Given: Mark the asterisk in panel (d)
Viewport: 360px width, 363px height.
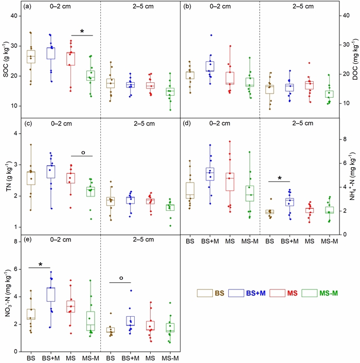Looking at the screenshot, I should click(279, 178).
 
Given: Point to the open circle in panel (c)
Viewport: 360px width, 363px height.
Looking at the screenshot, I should click(81, 153).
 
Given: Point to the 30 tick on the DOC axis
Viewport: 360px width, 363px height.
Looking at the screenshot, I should click(345, 45).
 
